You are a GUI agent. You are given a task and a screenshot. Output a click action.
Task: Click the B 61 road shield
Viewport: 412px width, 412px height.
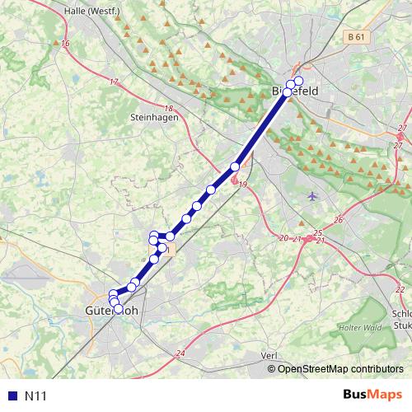355,38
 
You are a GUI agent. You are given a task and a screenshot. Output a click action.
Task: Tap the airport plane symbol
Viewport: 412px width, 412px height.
312,196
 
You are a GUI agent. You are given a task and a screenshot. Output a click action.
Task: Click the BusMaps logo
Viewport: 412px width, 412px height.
372,396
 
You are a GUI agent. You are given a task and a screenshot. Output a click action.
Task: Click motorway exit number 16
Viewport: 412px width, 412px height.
65,43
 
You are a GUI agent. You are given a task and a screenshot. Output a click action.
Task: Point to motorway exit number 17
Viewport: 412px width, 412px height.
114,82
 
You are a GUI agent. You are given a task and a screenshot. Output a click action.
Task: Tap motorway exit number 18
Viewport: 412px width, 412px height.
169,109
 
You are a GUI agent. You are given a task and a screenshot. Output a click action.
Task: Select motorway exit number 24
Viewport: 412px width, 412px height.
180,353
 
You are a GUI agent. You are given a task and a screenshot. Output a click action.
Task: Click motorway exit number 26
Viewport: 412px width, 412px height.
338,220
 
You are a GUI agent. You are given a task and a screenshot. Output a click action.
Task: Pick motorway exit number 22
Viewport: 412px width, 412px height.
400,290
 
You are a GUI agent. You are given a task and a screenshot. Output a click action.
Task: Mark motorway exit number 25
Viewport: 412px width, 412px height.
317,234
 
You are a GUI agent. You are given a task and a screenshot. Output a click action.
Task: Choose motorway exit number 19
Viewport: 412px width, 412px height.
242,185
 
